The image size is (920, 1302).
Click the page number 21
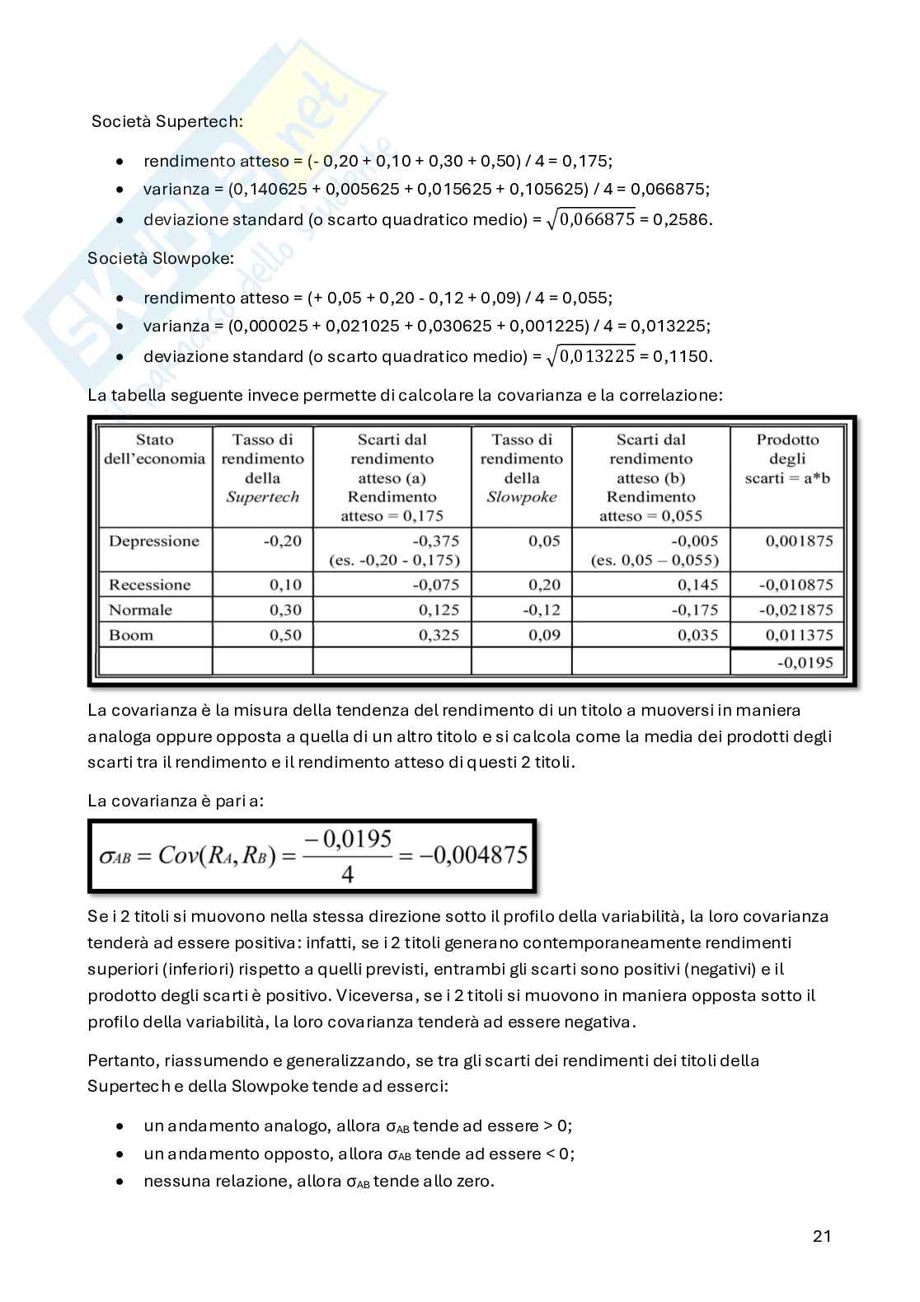point(821,1235)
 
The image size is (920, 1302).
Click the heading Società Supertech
point(167,121)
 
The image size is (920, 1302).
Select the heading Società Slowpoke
point(161,258)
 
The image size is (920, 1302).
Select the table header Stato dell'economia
point(155,449)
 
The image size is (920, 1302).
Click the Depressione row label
point(154,541)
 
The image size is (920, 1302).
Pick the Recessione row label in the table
point(150,585)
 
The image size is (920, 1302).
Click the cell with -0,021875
point(796,610)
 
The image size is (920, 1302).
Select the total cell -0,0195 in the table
point(805,662)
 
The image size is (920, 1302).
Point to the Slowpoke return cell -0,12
point(541,610)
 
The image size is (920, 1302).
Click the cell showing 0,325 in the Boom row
point(439,635)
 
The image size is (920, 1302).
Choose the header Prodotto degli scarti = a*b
point(787,459)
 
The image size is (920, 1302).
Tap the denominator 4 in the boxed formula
point(347,873)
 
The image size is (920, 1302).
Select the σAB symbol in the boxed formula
point(115,856)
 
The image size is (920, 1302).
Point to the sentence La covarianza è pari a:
point(176,801)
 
